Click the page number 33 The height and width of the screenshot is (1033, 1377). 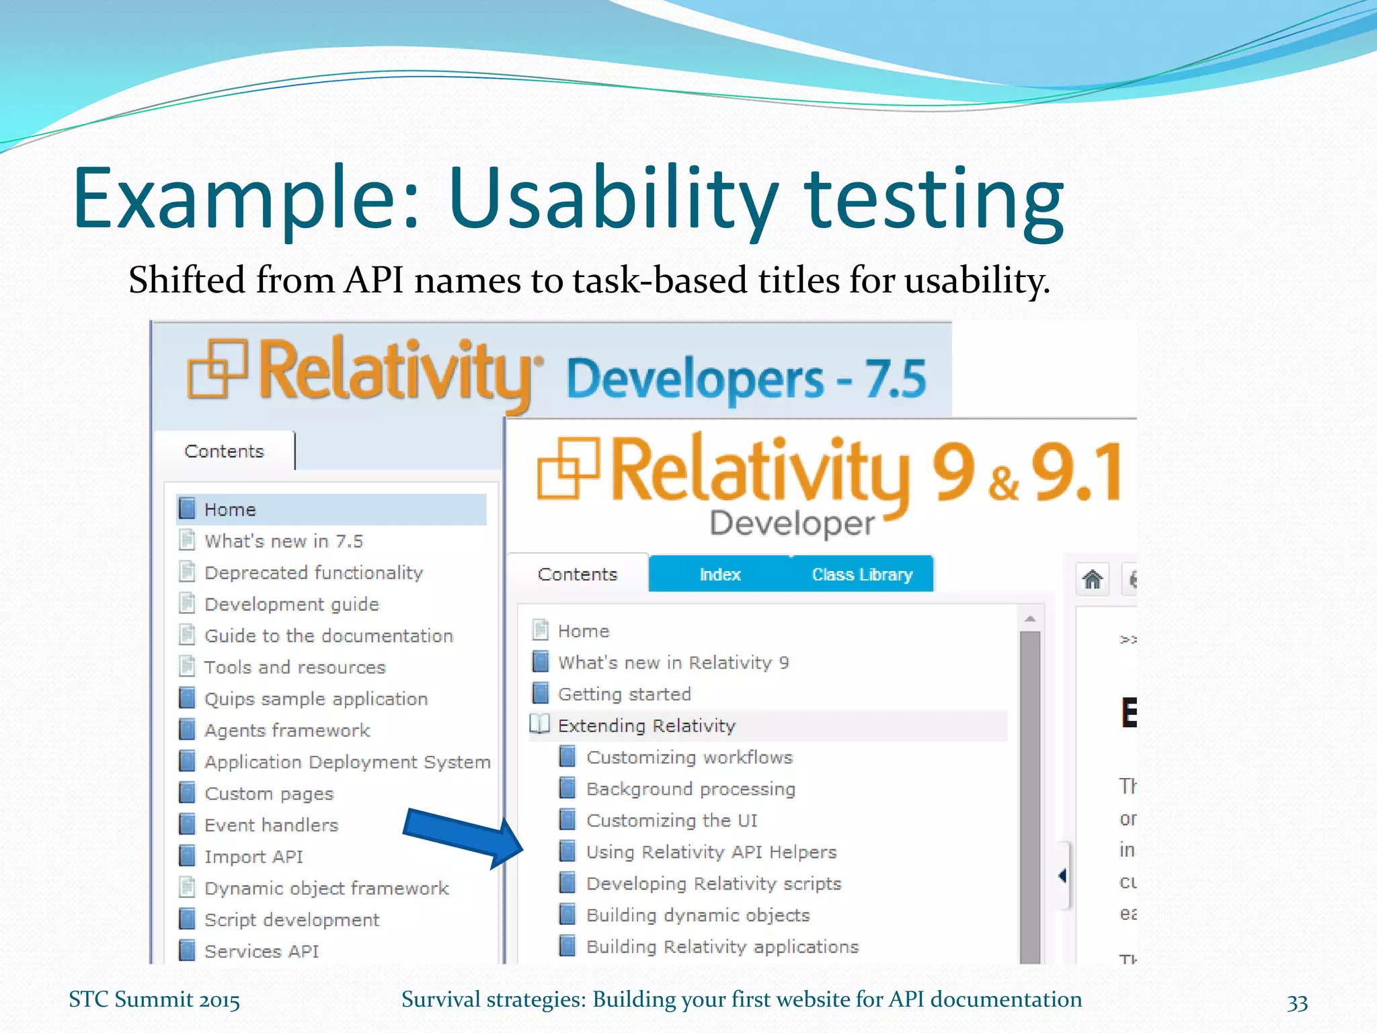tap(1297, 1002)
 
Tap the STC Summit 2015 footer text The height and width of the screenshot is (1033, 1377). tap(154, 999)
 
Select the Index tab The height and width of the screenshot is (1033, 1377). tap(719, 574)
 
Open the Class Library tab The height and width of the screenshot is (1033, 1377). tap(862, 574)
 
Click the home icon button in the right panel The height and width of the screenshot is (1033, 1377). tap(1093, 579)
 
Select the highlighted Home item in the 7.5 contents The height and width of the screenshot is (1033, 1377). tap(230, 510)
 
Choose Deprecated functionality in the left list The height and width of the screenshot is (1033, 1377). tap(313, 572)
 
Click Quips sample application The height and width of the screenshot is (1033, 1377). tap(315, 699)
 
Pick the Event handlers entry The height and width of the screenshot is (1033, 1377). tap(271, 825)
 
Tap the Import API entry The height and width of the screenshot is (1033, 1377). tap(253, 857)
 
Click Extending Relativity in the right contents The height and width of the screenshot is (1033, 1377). tap(647, 726)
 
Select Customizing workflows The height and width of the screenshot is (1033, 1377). tap(689, 757)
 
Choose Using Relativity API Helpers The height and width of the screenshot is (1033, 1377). tap(711, 852)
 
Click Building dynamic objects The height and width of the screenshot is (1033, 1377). tap(698, 915)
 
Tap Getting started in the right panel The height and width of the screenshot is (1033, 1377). tap(624, 694)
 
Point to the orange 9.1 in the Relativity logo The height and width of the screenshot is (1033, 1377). tap(1076, 473)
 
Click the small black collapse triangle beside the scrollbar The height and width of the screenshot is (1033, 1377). tap(1062, 875)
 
